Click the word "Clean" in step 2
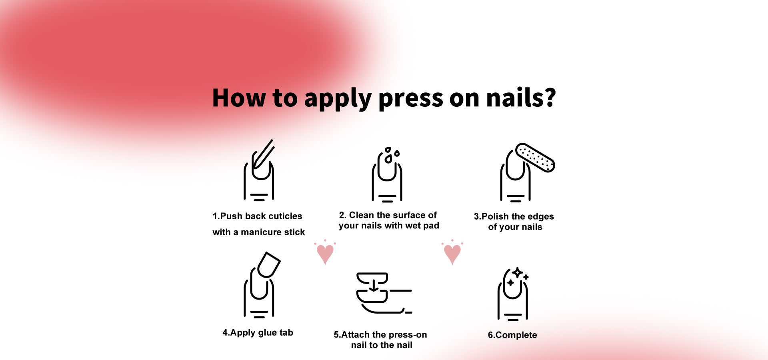[362, 215]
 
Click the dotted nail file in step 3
[535, 158]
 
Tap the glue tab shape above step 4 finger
[269, 265]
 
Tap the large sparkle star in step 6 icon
[518, 273]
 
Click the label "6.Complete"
[512, 335]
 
